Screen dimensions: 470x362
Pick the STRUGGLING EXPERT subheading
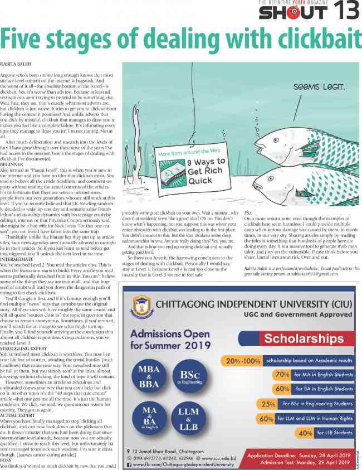click(23, 333)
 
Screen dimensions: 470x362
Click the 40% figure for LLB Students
click(305, 432)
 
